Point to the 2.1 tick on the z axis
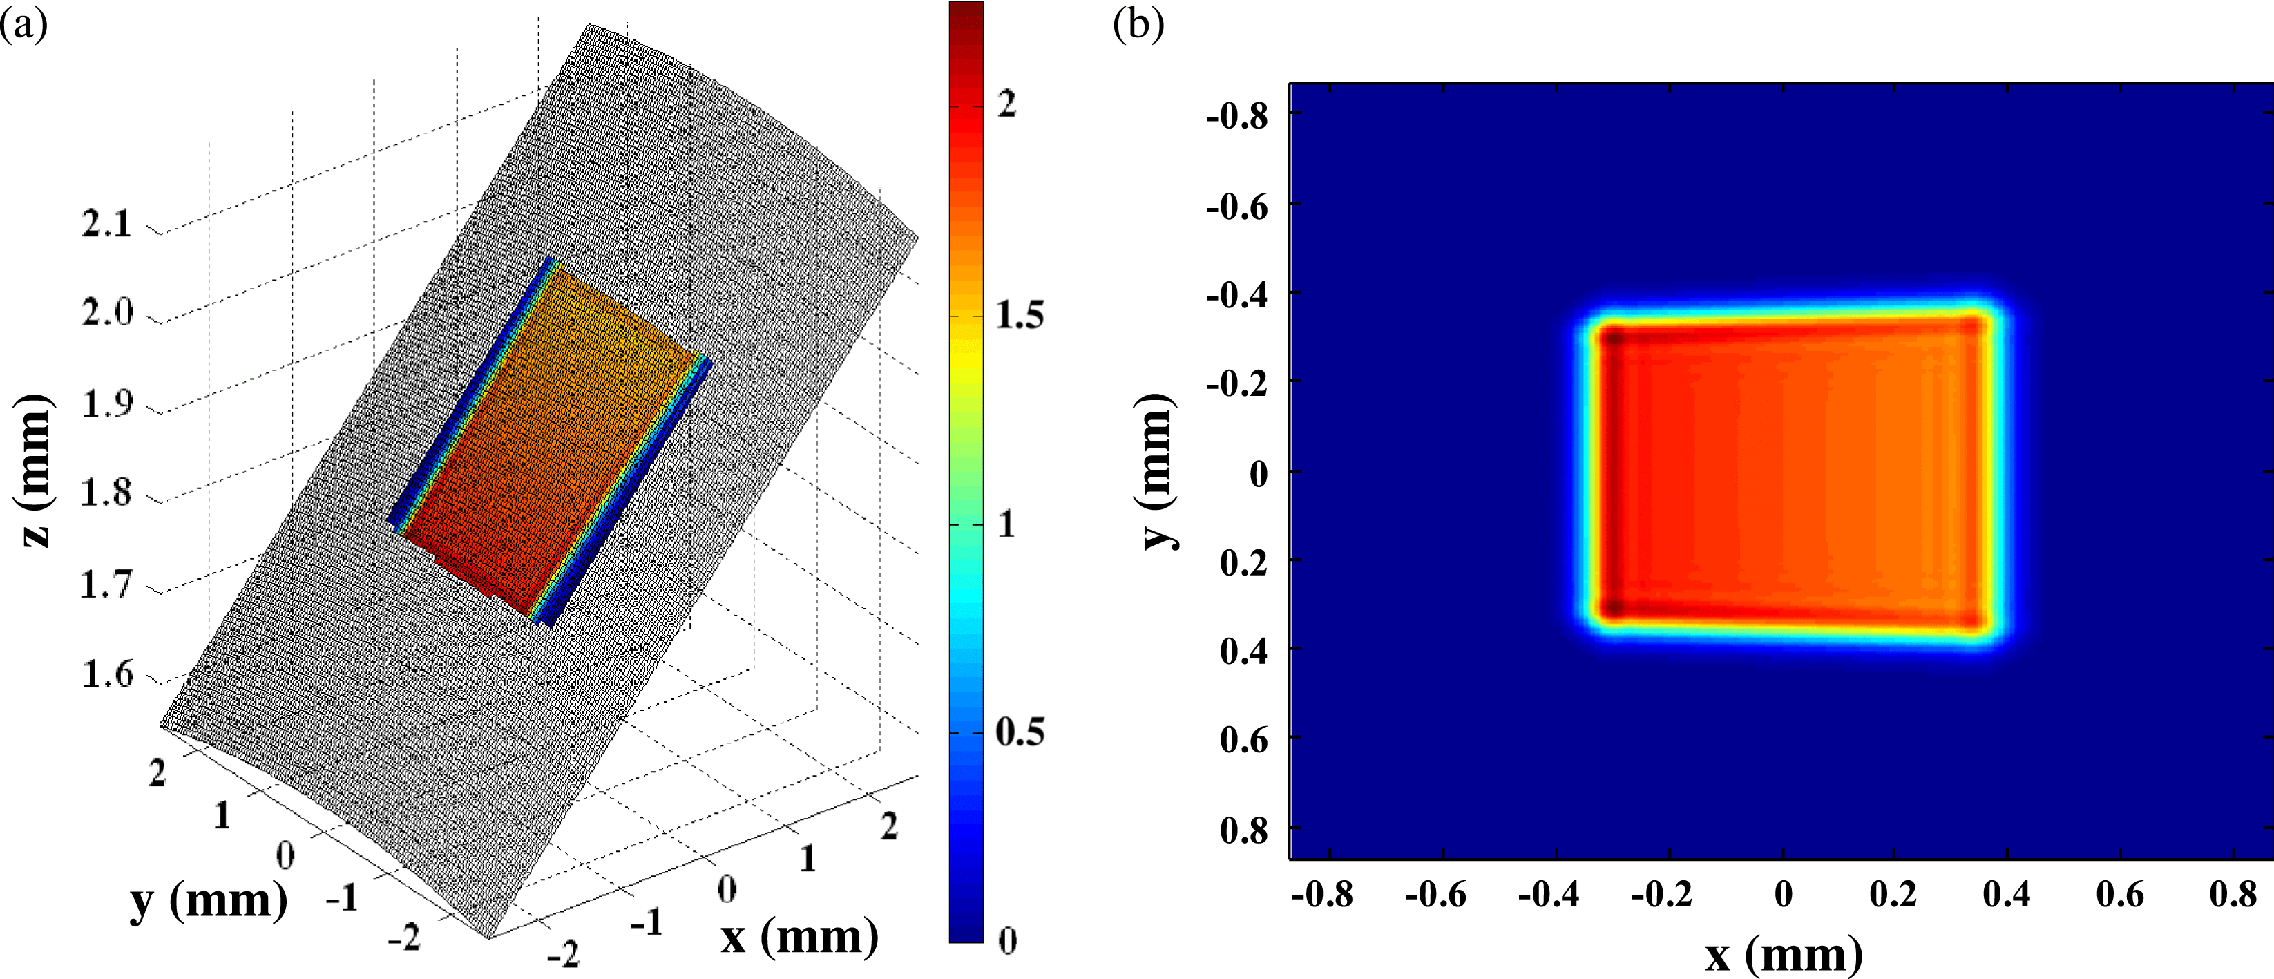coord(106,225)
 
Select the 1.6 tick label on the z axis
coord(106,675)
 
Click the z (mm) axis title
coord(35,470)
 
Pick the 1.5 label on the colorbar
coord(1020,316)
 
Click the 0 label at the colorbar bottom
coord(1007,941)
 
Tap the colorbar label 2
coord(1006,105)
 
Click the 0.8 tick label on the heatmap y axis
coord(1244,830)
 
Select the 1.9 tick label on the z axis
coord(106,405)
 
